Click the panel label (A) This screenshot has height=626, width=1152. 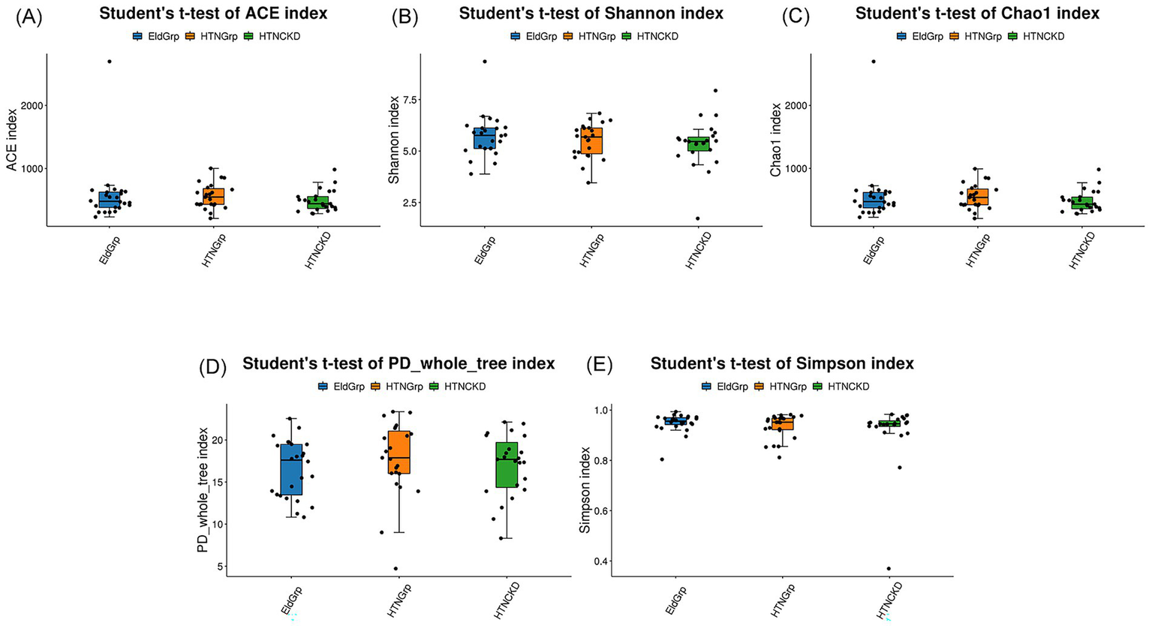[29, 17]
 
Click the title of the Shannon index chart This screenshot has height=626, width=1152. [591, 14]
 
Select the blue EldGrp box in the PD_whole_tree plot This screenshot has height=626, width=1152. [291, 469]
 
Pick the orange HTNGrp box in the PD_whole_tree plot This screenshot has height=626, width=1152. [399, 452]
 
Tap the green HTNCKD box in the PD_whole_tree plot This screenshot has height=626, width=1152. [507, 465]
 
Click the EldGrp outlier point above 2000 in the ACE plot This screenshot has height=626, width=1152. [110, 62]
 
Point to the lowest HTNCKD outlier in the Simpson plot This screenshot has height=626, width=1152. [889, 568]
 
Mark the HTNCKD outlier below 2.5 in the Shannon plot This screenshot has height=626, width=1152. [697, 218]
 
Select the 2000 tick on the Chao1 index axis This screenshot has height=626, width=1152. [796, 105]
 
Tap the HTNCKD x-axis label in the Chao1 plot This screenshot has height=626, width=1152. [1081, 251]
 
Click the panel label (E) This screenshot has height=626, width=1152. [599, 366]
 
